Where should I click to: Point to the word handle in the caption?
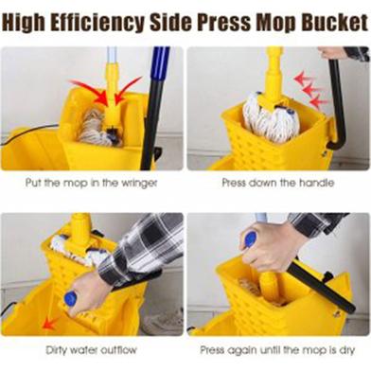click(316, 183)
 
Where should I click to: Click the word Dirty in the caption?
click(57, 350)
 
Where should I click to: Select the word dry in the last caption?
click(346, 350)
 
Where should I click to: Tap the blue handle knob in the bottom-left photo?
click(70, 298)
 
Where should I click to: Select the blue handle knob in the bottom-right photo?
click(251, 240)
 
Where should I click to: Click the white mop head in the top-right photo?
click(271, 116)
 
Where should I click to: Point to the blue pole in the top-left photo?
click(160, 65)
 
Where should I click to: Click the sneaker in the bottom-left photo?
click(165, 319)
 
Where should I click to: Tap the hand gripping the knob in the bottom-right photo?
click(272, 246)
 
